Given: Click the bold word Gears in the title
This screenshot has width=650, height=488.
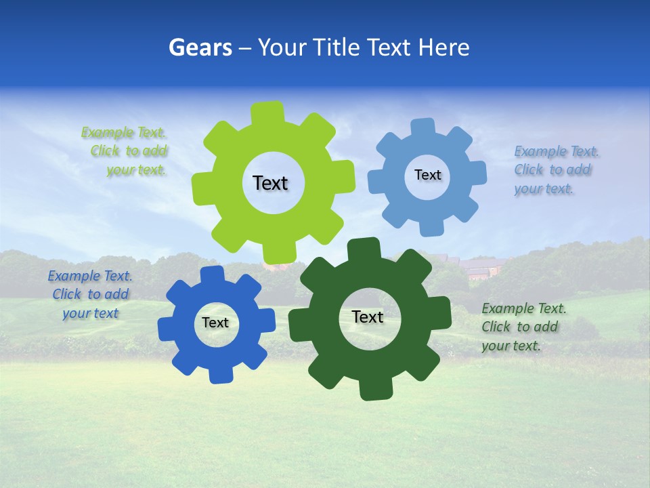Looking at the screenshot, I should (x=200, y=47).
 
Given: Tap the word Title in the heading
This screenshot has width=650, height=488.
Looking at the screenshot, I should (x=334, y=47).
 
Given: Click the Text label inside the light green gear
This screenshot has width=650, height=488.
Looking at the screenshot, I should (x=270, y=183).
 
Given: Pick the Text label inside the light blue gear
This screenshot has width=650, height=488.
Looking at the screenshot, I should (x=427, y=175).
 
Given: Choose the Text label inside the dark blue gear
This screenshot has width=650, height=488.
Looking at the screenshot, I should (x=215, y=323).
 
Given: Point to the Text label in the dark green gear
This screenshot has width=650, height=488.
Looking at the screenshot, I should (x=368, y=317).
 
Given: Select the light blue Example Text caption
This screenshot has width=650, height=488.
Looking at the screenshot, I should (x=554, y=169).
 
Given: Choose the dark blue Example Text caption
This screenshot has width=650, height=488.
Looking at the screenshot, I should (x=90, y=294).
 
